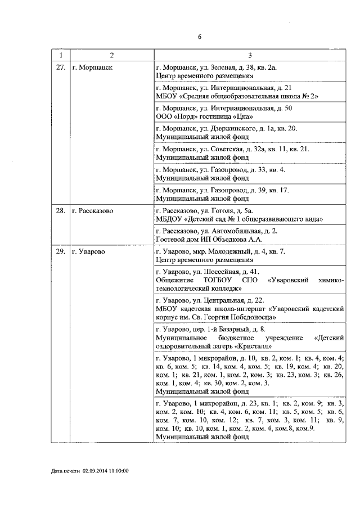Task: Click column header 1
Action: [61, 55]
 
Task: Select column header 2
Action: [111, 55]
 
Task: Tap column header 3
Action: [250, 55]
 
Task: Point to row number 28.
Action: [61, 210]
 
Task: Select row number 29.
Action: [61, 251]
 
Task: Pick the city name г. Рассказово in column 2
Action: [93, 210]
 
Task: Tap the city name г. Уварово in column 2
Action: [90, 251]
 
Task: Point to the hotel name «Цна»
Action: [242, 116]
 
